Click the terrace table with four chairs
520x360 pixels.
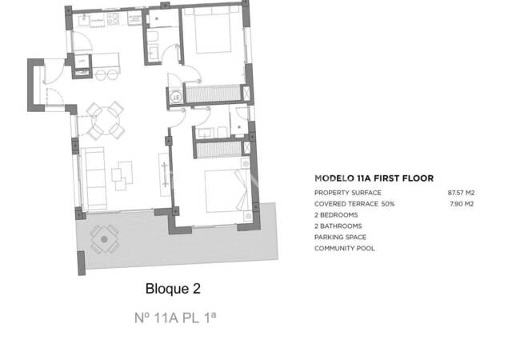coord(102,238)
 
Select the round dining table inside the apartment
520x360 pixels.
coord(105,121)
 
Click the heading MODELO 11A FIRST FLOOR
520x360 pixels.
coord(374,179)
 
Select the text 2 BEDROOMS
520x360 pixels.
coord(336,215)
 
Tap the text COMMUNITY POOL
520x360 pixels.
coord(344,248)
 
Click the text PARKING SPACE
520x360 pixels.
coord(340,238)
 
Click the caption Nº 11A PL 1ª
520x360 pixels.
coord(175,317)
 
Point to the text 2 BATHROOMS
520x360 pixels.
coord(338,226)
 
